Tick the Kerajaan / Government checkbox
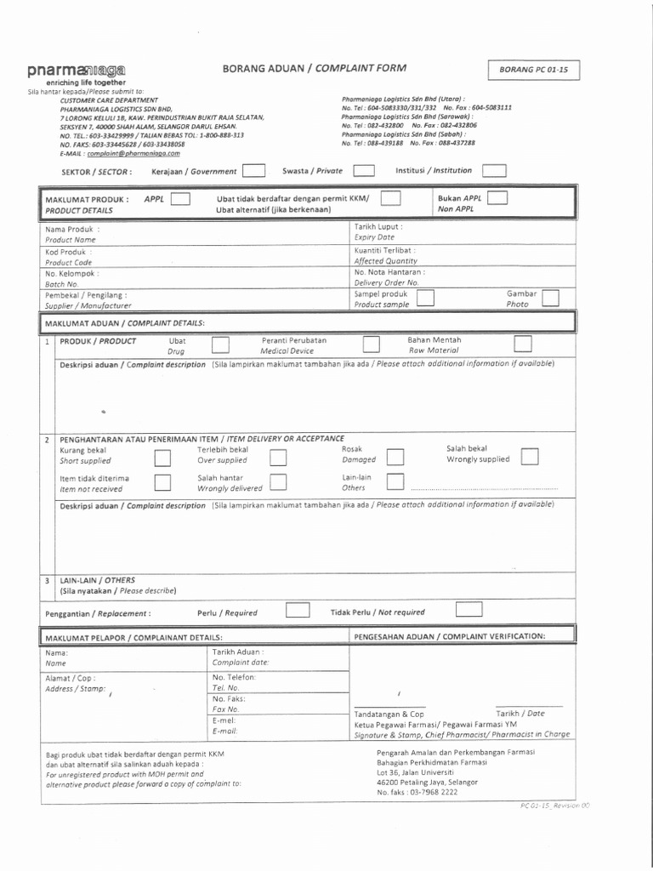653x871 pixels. coord(253,171)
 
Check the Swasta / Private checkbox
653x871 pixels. coord(364,171)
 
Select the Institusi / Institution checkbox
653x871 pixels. coord(494,170)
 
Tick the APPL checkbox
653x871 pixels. coord(180,200)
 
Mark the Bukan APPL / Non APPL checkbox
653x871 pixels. coord(497,198)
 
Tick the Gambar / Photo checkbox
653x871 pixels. coord(551,298)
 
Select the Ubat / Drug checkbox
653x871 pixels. coord(219,344)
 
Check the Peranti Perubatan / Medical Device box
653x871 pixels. coord(371,344)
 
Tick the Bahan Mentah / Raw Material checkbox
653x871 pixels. coord(523,344)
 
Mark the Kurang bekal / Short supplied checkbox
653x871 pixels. coord(162,459)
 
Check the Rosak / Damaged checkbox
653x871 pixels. coord(395,458)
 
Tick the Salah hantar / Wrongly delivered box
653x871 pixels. coord(277,483)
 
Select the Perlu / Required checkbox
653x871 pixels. coord(298,611)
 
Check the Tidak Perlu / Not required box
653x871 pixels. coord(468,610)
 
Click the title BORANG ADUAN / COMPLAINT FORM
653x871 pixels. coord(314,67)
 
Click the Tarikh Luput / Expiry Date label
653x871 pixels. coord(378,232)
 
